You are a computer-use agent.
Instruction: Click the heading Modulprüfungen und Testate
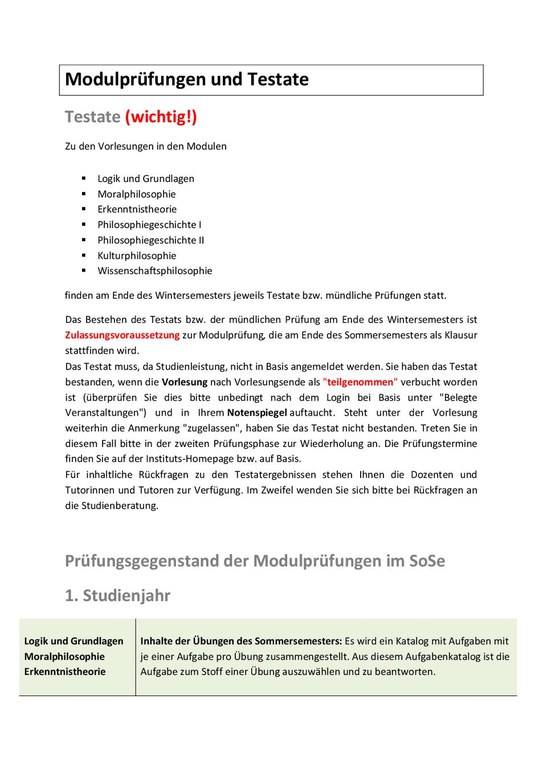pos(187,79)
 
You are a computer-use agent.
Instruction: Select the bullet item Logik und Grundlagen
pos(146,178)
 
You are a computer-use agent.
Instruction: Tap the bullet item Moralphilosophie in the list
pos(137,194)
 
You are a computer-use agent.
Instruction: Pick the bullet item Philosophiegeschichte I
pos(149,225)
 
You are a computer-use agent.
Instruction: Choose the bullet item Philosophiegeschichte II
pos(151,240)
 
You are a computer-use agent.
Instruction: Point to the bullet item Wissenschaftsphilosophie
pos(155,270)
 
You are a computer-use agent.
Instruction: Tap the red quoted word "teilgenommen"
pos(360,382)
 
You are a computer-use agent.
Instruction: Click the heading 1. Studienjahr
pos(117,595)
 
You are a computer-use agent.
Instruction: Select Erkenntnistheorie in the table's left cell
pos(65,672)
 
